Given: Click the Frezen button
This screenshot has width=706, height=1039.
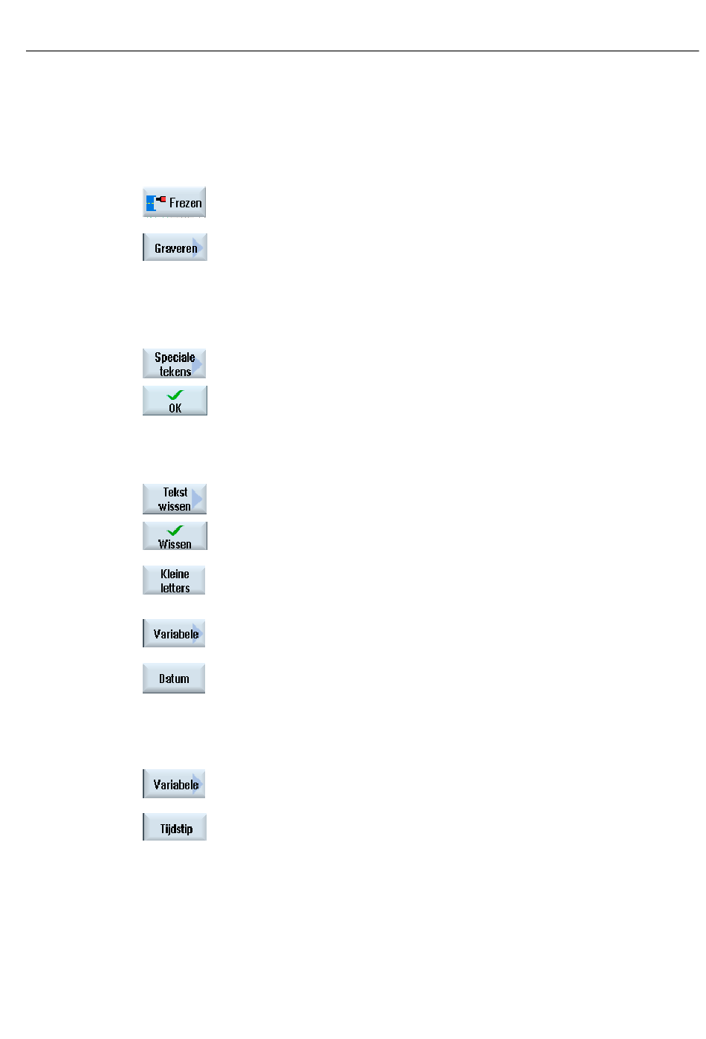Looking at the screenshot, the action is (174, 201).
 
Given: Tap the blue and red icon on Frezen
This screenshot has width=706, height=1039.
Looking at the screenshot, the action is (155, 203).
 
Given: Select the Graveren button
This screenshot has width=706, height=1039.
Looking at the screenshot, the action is (175, 247).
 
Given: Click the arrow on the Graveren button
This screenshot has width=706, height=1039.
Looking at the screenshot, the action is (198, 247).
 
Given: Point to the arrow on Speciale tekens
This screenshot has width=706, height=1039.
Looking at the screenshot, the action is (198, 365).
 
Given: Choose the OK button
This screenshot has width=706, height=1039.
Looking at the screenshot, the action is (175, 401).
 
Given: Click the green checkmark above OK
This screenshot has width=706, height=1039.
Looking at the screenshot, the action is (175, 395).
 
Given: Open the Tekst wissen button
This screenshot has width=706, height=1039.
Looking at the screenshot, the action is (175, 499).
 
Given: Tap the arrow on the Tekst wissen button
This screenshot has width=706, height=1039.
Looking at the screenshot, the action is (197, 499).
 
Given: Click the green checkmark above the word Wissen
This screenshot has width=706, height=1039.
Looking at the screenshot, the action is (175, 530).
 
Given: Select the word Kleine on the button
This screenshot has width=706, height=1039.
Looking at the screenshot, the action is (175, 574).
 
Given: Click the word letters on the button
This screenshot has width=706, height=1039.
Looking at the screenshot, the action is (175, 588).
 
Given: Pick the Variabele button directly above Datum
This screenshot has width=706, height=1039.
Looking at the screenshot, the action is (174, 633).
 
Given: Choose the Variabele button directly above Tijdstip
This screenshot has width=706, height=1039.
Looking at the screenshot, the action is (174, 784).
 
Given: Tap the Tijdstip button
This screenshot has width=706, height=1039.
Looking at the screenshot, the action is (175, 826).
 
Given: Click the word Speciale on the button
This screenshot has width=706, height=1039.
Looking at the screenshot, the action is (175, 357).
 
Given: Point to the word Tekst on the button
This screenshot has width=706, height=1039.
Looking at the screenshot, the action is (175, 492).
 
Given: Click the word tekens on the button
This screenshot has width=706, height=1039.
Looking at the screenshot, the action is (175, 372).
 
